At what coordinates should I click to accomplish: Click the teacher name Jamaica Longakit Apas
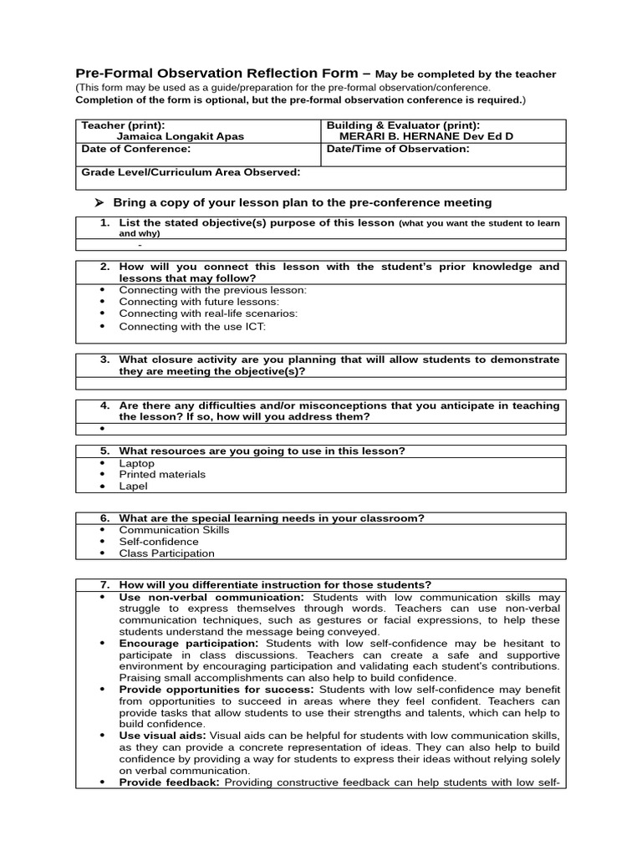click(x=183, y=136)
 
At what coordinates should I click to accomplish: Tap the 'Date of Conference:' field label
click(x=135, y=149)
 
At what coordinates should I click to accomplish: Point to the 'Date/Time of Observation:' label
click(x=398, y=149)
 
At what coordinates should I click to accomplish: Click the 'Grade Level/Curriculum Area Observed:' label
click(x=190, y=172)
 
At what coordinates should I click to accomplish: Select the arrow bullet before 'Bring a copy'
click(x=99, y=202)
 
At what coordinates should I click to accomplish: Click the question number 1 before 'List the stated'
click(x=104, y=223)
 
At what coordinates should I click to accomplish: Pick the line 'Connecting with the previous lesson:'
click(x=212, y=290)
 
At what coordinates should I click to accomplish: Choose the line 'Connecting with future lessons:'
click(x=199, y=302)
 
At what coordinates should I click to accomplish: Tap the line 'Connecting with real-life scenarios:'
click(x=208, y=313)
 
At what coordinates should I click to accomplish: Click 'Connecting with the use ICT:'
click(x=192, y=326)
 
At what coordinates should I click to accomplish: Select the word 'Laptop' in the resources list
click(x=137, y=463)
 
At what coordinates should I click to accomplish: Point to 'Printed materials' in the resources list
click(x=162, y=475)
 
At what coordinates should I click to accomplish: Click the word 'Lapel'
click(x=134, y=487)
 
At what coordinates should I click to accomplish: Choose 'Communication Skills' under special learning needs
click(x=174, y=530)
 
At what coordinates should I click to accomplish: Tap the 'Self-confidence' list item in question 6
click(x=159, y=542)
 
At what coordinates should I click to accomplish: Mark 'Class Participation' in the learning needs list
click(x=166, y=553)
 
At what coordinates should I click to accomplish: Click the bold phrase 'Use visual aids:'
click(x=162, y=736)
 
